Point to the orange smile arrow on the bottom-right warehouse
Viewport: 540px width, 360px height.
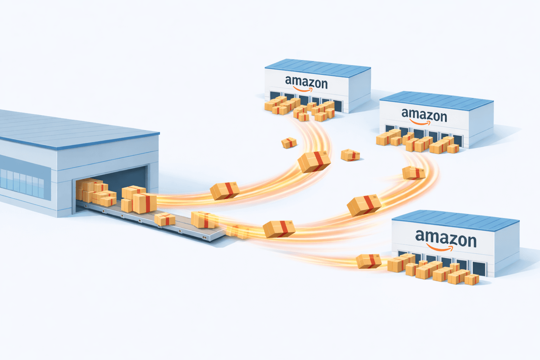coord(439,249)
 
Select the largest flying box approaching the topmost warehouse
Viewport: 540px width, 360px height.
coord(314,162)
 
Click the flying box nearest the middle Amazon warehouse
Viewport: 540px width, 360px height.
coord(413,173)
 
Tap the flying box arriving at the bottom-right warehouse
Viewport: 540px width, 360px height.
coord(368,261)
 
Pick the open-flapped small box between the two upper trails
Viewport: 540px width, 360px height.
coord(350,155)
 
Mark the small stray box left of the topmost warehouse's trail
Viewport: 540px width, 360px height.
coord(289,143)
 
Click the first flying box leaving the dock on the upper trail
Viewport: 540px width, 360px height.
coord(225,191)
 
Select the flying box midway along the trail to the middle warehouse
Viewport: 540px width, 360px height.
coord(364,205)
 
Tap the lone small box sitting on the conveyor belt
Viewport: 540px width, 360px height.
coord(165,219)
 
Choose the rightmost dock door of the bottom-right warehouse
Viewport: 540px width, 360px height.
coord(479,269)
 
